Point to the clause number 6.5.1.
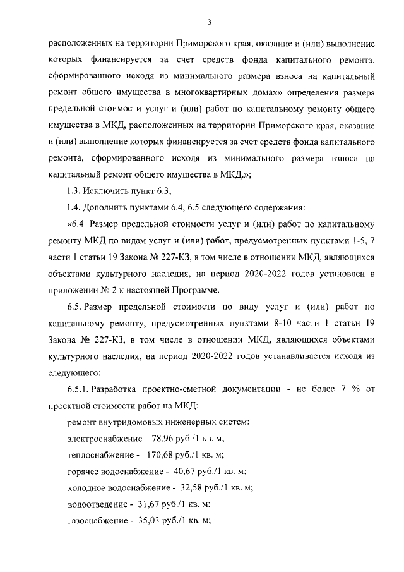click(80, 389)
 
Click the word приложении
click(72, 291)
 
